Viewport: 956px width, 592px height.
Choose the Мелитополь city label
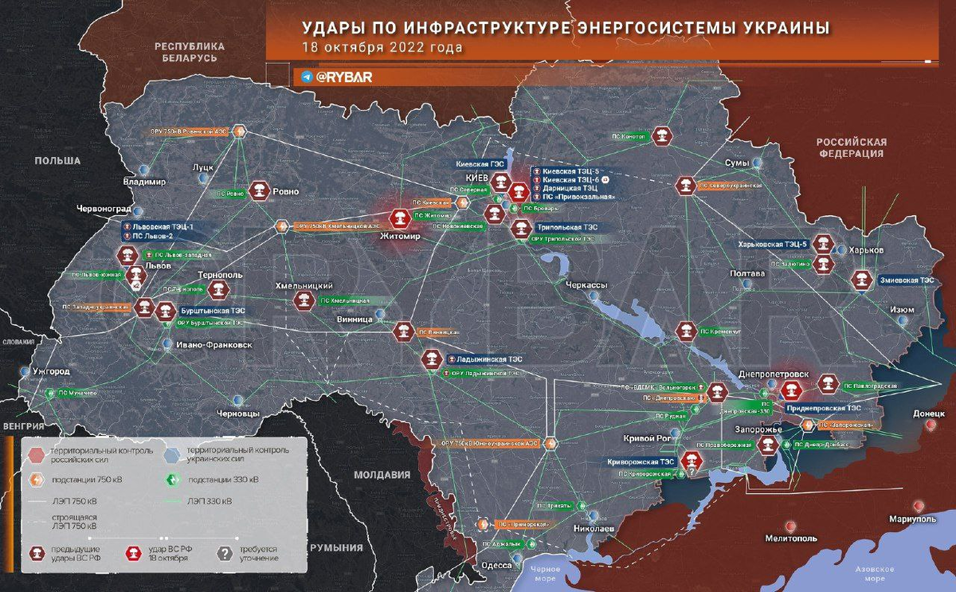(x=790, y=538)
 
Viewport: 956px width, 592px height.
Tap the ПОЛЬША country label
(x=57, y=161)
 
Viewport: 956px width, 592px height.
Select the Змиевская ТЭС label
(x=905, y=280)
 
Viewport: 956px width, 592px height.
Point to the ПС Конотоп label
(x=629, y=136)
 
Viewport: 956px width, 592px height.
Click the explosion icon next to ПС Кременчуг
(x=684, y=330)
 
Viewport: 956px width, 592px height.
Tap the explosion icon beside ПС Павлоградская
(x=827, y=384)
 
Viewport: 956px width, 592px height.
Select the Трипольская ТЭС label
(x=566, y=226)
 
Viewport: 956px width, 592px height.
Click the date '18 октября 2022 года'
(x=382, y=47)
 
